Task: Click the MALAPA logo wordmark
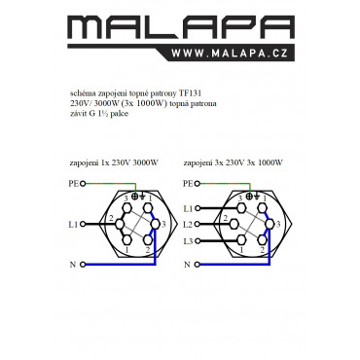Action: [x=181, y=28]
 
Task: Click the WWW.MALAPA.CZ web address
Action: [x=230, y=54]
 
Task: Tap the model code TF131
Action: [x=190, y=93]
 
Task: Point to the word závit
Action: [x=77, y=114]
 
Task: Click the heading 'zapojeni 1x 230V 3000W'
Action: [x=114, y=162]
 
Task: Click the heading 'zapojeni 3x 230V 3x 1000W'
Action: [x=233, y=162]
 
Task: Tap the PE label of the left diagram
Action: [x=74, y=184]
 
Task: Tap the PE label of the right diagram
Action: [x=188, y=184]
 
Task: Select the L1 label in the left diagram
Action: [x=73, y=224]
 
